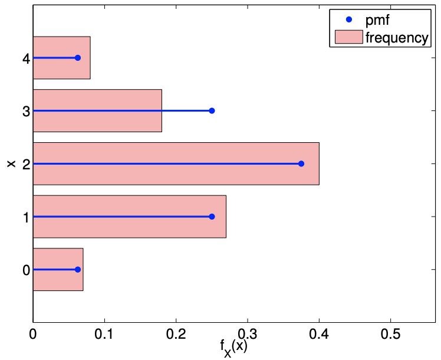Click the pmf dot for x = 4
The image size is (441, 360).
(77, 58)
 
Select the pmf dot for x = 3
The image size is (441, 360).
(212, 110)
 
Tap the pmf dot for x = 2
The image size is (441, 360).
(301, 163)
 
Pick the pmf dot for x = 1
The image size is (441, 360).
(212, 217)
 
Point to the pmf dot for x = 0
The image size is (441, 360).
(78, 270)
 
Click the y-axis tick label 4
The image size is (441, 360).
(26, 58)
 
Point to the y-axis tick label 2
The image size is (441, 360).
(26, 163)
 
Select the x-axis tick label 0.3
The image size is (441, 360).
(247, 334)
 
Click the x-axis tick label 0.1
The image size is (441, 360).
(104, 334)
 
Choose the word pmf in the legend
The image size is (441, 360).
(377, 20)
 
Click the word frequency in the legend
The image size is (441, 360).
(396, 38)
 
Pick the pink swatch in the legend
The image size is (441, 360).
(348, 38)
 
